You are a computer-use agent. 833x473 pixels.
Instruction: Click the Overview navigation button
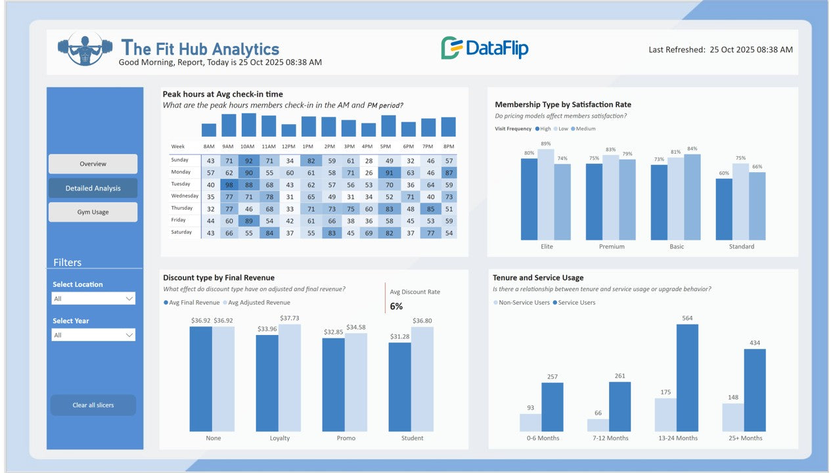[x=93, y=164]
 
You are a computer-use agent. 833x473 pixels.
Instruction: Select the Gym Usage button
[x=93, y=212]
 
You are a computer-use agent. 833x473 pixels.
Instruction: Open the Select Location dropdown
[x=93, y=298]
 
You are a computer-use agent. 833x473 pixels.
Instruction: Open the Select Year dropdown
[x=93, y=335]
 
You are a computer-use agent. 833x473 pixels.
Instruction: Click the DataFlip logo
[x=484, y=48]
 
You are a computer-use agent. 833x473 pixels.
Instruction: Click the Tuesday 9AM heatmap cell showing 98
[x=229, y=185]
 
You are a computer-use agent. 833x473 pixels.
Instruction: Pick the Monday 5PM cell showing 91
[x=389, y=173]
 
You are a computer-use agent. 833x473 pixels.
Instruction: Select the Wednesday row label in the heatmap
[x=184, y=196]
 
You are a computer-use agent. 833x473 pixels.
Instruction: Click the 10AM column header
[x=247, y=146]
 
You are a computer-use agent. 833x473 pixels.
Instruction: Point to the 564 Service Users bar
[x=687, y=378]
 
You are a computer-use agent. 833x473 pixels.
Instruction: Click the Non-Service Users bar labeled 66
[x=598, y=425]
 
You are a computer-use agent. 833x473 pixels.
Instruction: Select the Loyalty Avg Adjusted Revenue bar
[x=290, y=378]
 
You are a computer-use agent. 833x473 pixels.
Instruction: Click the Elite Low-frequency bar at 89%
[x=546, y=194]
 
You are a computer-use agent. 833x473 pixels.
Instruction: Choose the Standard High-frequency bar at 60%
[x=724, y=210]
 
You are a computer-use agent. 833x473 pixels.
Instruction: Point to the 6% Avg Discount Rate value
[x=396, y=306]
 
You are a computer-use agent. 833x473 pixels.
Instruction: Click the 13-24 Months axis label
[x=677, y=438]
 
